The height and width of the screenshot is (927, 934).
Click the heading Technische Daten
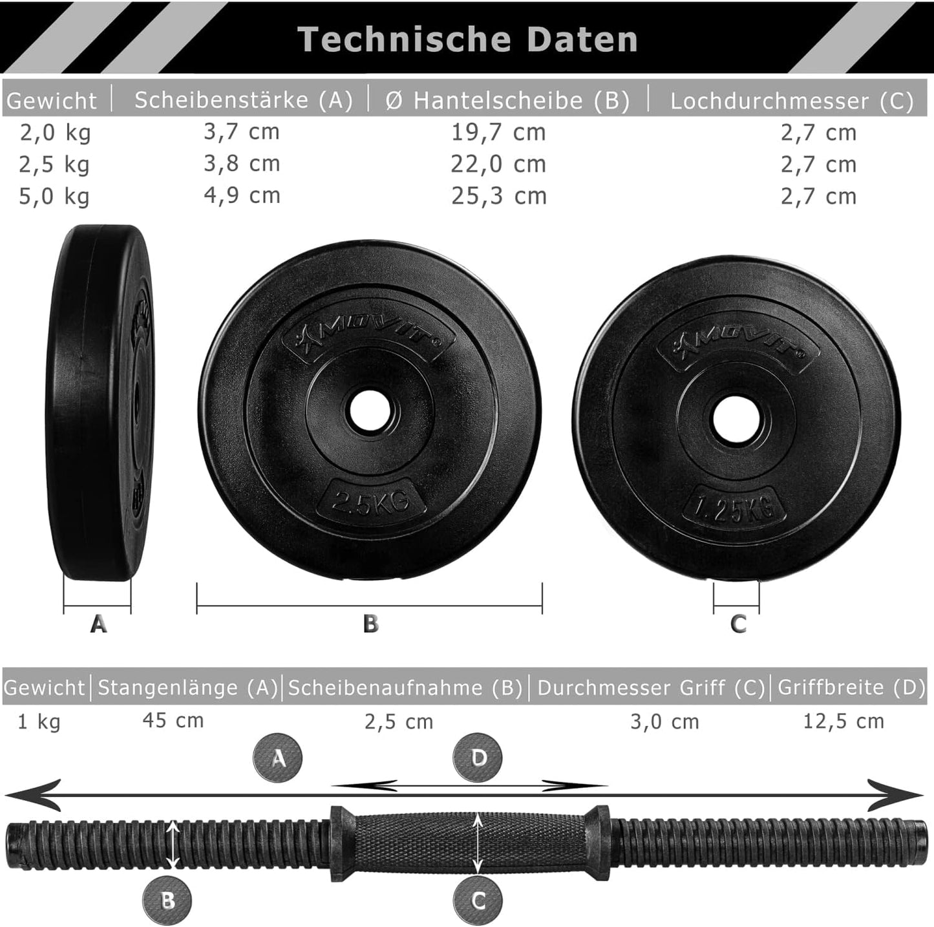click(467, 39)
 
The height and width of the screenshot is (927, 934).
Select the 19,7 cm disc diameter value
click(499, 133)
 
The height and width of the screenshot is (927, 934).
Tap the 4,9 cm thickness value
click(242, 195)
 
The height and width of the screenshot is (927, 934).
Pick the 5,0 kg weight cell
click(54, 197)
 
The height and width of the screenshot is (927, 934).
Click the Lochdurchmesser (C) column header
click(792, 101)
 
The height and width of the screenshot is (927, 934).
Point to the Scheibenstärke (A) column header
click(244, 100)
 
